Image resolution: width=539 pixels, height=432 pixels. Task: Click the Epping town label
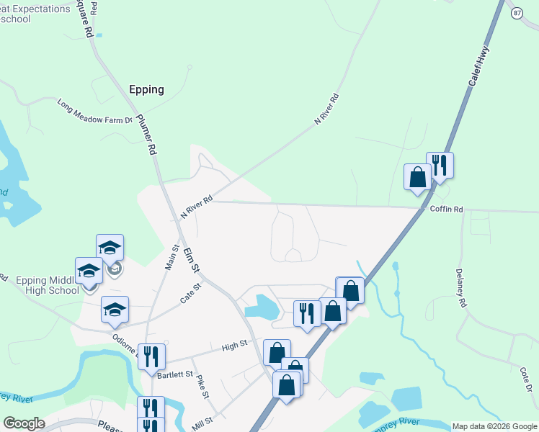coord(146,90)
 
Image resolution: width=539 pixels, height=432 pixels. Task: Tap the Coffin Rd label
coord(446,210)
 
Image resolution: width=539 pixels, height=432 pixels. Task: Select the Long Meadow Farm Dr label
coord(96,112)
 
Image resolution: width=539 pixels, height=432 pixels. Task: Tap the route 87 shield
coord(517,14)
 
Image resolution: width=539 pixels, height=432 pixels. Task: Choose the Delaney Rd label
coord(461,286)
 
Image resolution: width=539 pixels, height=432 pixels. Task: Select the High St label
coord(234,347)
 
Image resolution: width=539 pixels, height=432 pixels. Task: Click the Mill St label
coord(202,420)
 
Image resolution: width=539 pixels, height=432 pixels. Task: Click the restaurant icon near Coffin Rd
coord(440,166)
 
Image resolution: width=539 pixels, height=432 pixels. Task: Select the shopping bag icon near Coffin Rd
coord(417,176)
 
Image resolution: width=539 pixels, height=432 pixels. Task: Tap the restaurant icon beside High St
coord(151,356)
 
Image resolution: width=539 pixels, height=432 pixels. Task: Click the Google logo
coord(24,423)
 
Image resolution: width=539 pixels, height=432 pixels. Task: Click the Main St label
coord(172,257)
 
